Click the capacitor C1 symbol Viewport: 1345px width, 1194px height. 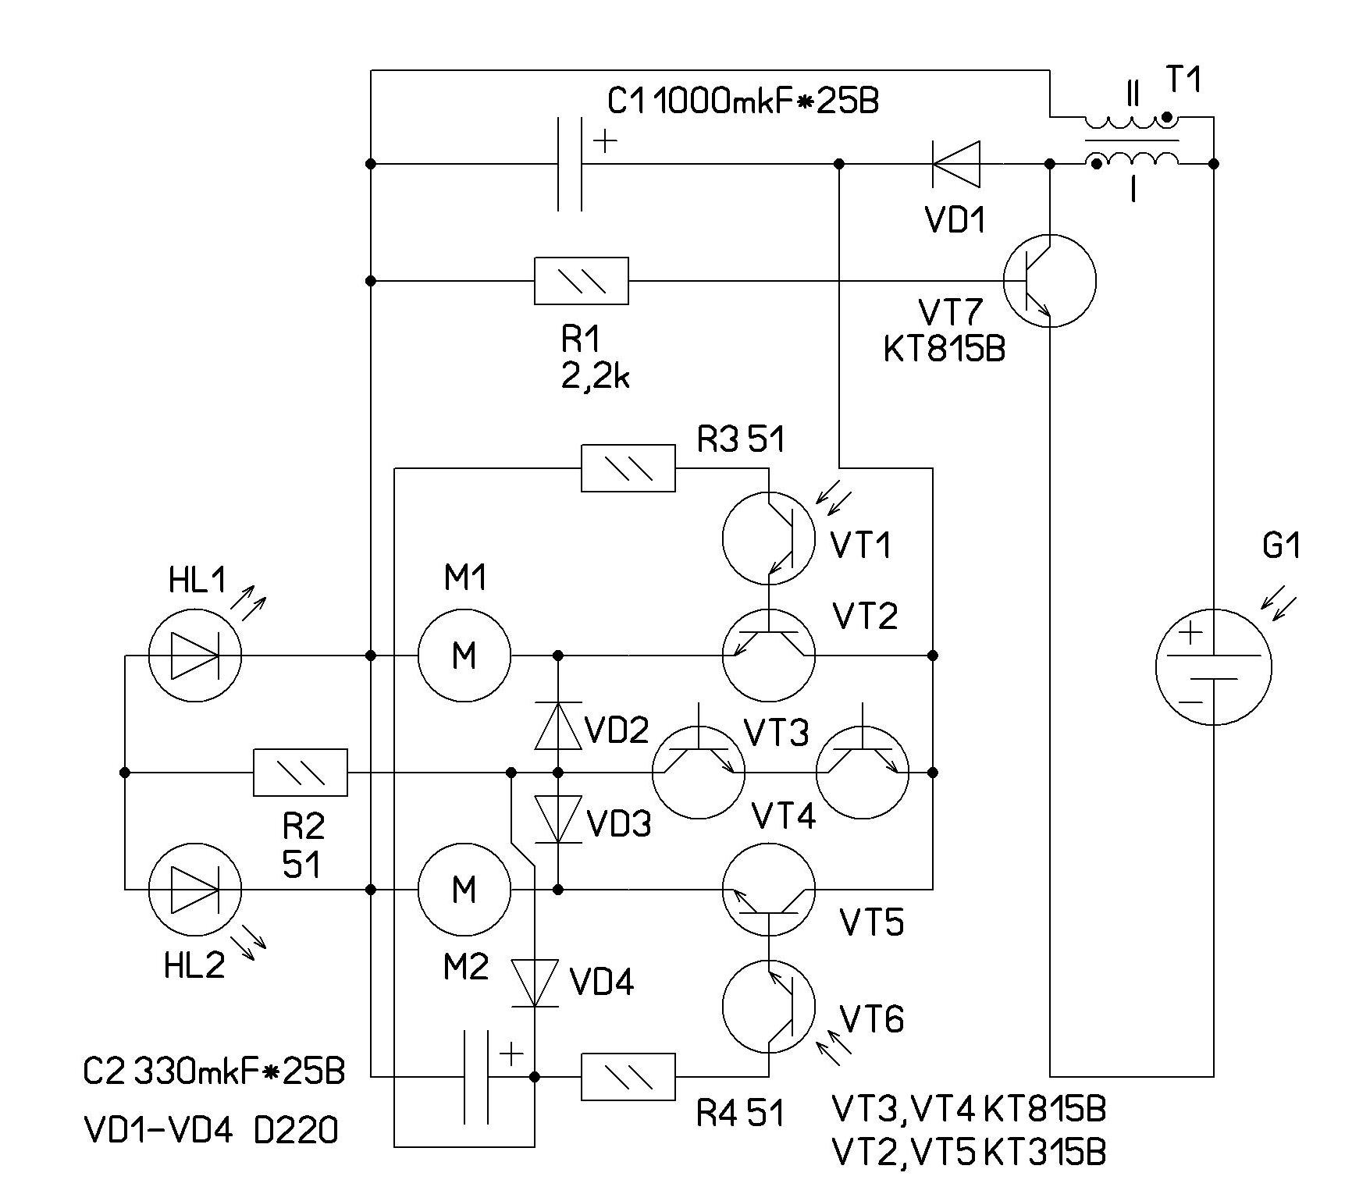click(570, 164)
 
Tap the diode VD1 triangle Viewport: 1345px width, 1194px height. click(957, 164)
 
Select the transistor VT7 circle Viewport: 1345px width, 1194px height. click(1050, 280)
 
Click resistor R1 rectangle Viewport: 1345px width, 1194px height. click(582, 280)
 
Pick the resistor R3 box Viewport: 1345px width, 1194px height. click(628, 468)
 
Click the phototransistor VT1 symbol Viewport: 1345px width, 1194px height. click(769, 538)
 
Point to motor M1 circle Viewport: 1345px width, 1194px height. click(464, 656)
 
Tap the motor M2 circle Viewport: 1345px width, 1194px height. click(464, 889)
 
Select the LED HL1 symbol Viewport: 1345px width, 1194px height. click(195, 656)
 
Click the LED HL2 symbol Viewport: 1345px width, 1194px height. click(195, 889)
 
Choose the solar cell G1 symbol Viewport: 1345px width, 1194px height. click(1213, 667)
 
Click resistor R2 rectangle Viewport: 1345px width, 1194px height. click(301, 773)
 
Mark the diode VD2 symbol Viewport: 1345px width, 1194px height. click(558, 726)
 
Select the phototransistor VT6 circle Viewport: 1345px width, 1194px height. click(769, 1006)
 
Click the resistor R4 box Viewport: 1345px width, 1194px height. click(628, 1077)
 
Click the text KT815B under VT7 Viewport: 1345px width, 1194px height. click(945, 349)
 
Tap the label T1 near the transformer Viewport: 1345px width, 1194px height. click(1183, 80)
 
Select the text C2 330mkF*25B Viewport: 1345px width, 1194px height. click(213, 1072)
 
